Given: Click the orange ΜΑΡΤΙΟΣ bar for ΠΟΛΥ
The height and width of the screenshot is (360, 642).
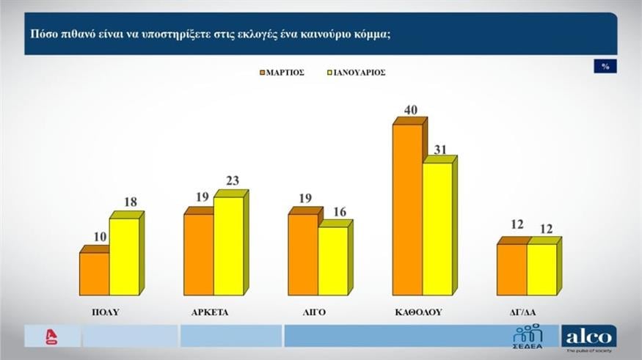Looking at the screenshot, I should (x=94, y=273).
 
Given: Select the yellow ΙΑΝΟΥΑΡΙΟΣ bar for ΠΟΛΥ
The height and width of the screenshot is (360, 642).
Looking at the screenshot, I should (x=124, y=257).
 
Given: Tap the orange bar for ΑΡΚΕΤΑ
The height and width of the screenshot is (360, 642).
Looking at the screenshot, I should (x=198, y=254).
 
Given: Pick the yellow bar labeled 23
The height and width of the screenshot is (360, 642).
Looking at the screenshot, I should (x=228, y=246).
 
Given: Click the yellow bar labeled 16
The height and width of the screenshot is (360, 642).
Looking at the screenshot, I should (x=332, y=261).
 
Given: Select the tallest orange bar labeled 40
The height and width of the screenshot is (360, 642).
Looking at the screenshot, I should (x=407, y=210).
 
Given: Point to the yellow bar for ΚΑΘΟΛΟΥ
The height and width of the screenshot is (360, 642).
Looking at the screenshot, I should (x=437, y=229).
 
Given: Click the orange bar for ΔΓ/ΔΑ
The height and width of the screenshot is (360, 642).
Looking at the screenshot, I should (x=511, y=269).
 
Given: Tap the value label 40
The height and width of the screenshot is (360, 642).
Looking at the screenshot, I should (x=410, y=110).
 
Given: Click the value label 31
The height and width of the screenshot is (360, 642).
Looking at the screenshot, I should (x=440, y=149).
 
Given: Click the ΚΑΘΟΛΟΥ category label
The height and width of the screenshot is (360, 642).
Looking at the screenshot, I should (x=418, y=312).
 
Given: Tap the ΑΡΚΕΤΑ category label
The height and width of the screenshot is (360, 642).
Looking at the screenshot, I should (x=209, y=312).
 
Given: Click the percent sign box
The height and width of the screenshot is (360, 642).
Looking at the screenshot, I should (x=605, y=67).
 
